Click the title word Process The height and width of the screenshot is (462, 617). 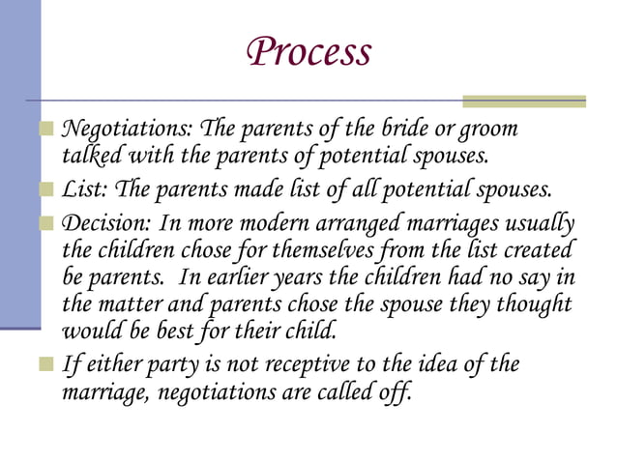point(308,52)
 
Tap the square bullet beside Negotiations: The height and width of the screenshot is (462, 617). point(46,130)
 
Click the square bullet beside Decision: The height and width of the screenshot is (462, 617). point(46,223)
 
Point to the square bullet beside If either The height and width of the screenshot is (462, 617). point(46,365)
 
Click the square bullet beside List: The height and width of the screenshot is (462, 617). point(46,188)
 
